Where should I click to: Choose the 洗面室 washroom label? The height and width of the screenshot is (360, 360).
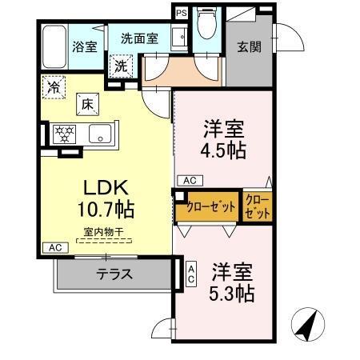coord(139,38)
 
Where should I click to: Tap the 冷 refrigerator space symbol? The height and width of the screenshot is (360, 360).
coord(55,84)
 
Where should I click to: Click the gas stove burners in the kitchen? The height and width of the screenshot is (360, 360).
coord(64,134)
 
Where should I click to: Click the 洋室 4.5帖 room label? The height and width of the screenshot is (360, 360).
coord(223,138)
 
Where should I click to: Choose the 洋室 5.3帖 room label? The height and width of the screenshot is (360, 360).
coord(231,282)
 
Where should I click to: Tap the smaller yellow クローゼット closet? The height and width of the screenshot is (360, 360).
coord(257,206)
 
